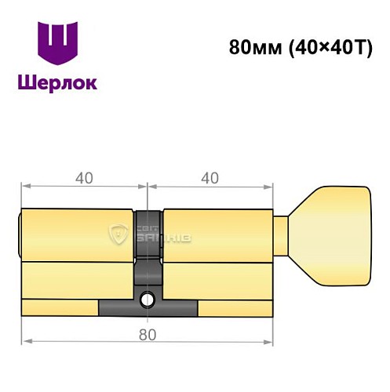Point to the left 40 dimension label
[x=85, y=178]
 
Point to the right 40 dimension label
[x=210, y=178]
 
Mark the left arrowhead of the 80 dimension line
[x=25, y=343]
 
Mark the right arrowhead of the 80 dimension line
[x=272, y=343]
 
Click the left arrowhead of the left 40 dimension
[x=25, y=187]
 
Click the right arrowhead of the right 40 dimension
[x=272, y=187]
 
